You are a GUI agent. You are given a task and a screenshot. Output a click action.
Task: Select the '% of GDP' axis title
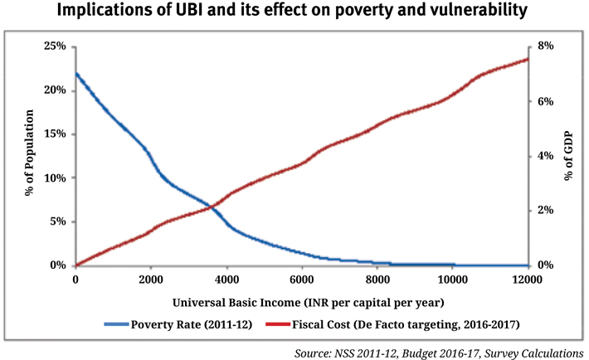pyautogui.click(x=569, y=155)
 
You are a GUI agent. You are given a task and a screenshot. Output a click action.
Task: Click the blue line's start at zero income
pyautogui.click(x=75, y=73)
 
